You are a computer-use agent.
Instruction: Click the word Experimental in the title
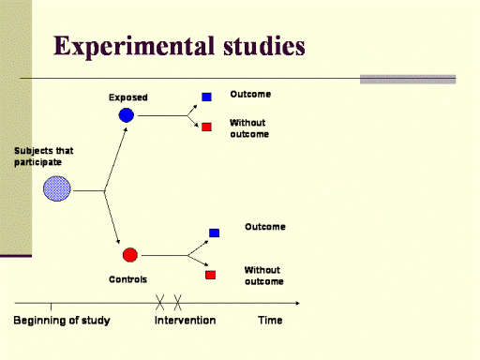134,47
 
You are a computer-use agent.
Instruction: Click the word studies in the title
264,46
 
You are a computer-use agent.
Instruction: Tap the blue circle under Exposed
127,115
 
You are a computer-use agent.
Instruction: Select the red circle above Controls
130,255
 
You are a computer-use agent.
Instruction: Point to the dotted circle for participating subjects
57,188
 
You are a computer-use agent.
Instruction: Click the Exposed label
128,97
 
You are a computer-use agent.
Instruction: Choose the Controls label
127,279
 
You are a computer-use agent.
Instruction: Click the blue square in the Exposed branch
206,97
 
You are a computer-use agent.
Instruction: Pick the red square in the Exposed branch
206,127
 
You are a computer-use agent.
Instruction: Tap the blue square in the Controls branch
214,232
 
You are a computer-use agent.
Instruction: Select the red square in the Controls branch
210,275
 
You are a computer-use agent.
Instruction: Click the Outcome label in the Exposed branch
250,94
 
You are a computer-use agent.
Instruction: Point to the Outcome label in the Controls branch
265,227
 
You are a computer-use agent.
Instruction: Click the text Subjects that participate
44,157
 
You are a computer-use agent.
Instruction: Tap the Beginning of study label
62,321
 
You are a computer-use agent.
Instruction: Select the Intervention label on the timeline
185,320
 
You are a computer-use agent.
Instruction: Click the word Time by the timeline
270,320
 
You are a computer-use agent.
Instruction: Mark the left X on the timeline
159,303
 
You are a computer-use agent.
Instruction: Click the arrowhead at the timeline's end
298,303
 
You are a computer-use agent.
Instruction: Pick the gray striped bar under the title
408,80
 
